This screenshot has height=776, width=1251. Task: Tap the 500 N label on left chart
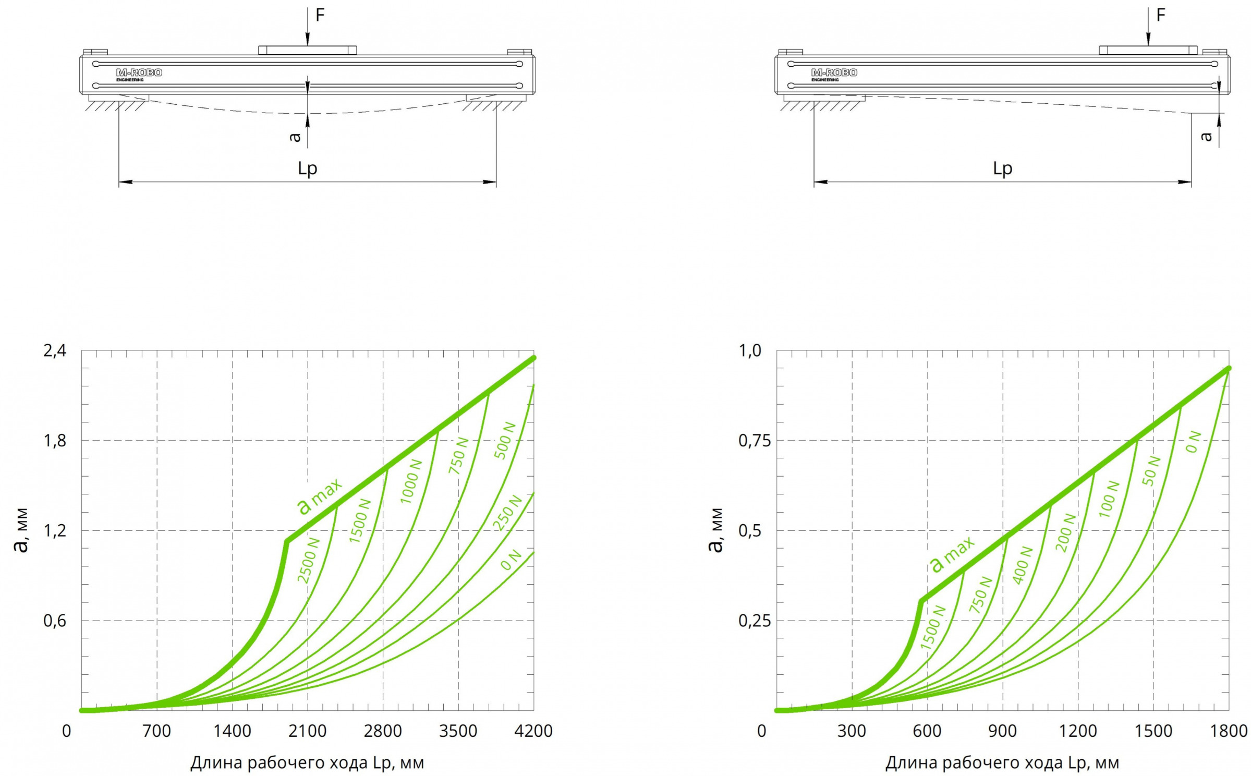coord(504,441)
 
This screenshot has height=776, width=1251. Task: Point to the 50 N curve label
coord(1151,471)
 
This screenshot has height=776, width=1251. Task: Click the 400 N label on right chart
coord(1022,565)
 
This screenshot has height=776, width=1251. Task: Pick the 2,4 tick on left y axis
coord(55,351)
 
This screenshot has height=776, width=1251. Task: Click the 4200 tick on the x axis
coord(533,731)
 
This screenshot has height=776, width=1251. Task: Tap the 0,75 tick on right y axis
coord(754,441)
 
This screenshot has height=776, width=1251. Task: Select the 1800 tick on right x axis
coord(1229,731)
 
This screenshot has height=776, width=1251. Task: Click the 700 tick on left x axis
coord(156,731)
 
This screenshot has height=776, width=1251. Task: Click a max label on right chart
coord(952,554)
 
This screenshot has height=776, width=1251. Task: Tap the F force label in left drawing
coord(320,15)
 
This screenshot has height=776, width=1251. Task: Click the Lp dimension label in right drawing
coord(1002,168)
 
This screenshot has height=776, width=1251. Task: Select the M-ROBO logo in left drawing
coord(139,74)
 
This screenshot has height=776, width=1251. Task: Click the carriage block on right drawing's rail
coord(1148,51)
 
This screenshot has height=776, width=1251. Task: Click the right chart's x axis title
coord(1002,763)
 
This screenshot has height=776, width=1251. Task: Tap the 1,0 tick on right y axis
coord(750,351)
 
